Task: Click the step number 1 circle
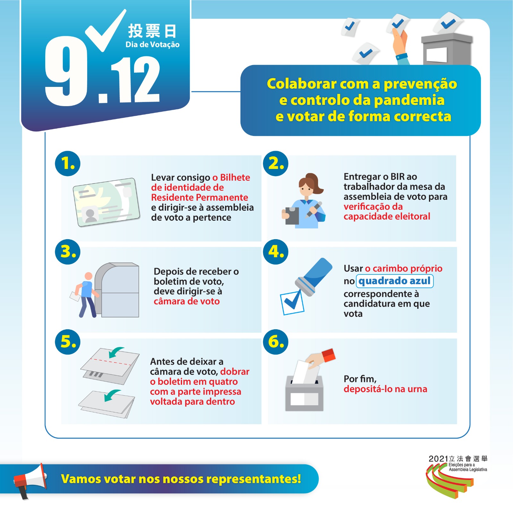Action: click(x=68, y=164)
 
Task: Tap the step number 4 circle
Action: click(x=276, y=252)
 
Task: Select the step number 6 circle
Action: click(x=276, y=342)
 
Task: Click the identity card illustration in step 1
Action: click(x=106, y=202)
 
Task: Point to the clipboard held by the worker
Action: click(x=292, y=215)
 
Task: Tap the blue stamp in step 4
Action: click(x=314, y=276)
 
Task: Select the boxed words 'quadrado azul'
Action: click(x=395, y=281)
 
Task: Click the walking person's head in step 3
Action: click(x=88, y=276)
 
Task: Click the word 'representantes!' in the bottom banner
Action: click(x=254, y=479)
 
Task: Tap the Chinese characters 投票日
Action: click(x=152, y=31)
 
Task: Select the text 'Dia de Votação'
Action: click(x=153, y=45)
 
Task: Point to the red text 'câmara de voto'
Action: click(x=187, y=301)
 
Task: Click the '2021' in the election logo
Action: click(x=438, y=459)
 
